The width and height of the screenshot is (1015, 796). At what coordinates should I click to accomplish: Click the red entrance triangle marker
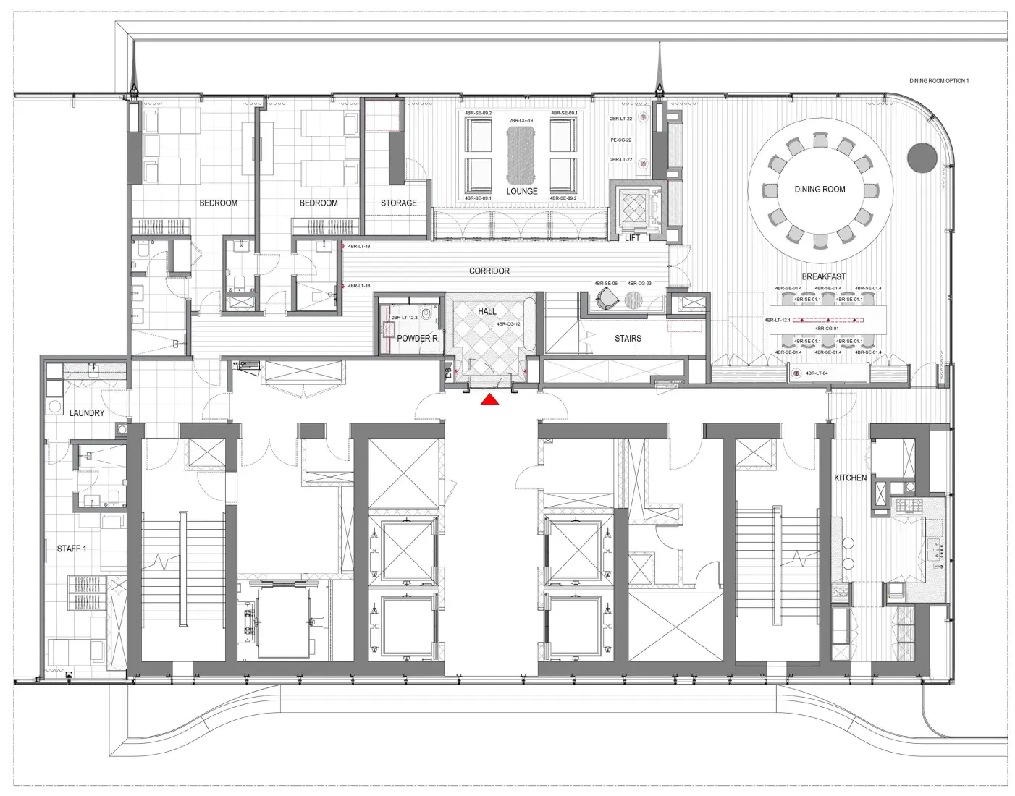[x=490, y=399]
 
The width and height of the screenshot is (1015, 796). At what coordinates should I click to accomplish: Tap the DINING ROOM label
[x=820, y=190]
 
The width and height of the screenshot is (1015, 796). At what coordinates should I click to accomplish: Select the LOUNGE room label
[x=521, y=192]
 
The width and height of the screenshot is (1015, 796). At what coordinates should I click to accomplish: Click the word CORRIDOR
[x=489, y=271]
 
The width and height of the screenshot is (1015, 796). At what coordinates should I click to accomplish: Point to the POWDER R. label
[x=418, y=339]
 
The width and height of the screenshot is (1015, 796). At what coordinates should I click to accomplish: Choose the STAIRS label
[x=628, y=339]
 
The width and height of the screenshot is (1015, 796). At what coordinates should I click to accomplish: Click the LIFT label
[x=632, y=238]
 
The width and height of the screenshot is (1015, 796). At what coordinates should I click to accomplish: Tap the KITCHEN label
[x=850, y=478]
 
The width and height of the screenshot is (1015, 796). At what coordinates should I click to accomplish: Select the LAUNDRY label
[x=87, y=413]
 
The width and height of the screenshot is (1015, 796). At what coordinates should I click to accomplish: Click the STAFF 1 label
[x=72, y=549]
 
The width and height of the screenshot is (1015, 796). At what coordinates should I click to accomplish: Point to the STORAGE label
[x=399, y=203]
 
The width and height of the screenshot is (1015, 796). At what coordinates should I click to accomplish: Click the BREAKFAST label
[x=823, y=276]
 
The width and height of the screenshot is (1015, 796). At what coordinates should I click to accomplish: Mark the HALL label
[x=487, y=311]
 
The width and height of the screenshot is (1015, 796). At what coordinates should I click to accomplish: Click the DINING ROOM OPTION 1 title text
[x=939, y=81]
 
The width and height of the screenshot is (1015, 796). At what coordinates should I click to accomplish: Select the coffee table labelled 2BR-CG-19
[x=521, y=154]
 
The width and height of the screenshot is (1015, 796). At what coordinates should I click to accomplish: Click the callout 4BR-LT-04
[x=817, y=373]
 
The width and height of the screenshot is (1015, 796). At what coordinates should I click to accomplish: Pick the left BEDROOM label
[x=218, y=203]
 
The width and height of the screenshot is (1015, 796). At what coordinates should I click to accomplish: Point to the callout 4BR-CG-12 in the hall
[x=508, y=324]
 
